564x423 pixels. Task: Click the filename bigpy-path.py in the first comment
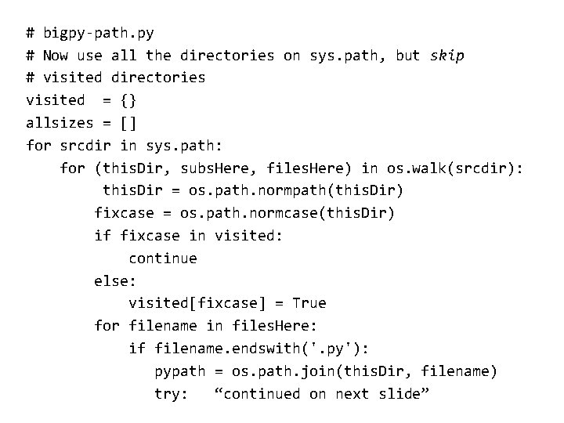tap(99, 33)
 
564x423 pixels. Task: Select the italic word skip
tap(447, 56)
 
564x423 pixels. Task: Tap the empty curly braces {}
tap(128, 100)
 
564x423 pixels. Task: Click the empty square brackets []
tap(128, 123)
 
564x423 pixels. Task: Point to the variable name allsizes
tap(60, 123)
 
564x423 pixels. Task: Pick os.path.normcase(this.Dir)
tap(287, 213)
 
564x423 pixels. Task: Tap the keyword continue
tap(163, 258)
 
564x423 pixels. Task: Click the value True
tap(309, 303)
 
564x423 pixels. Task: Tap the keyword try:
tap(172, 394)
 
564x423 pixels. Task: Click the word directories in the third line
tap(158, 78)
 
